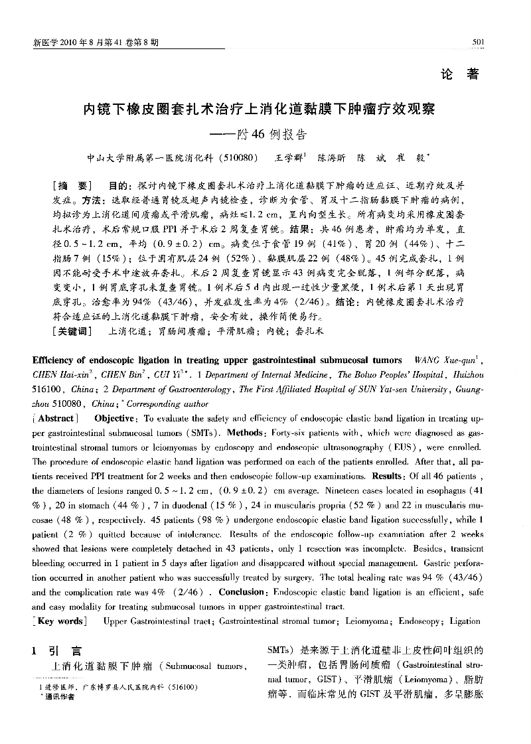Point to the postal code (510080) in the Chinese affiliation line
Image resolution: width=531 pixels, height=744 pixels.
click(234, 159)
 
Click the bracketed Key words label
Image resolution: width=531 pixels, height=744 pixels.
click(60, 621)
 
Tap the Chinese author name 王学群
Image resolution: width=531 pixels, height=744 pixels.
click(291, 159)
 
